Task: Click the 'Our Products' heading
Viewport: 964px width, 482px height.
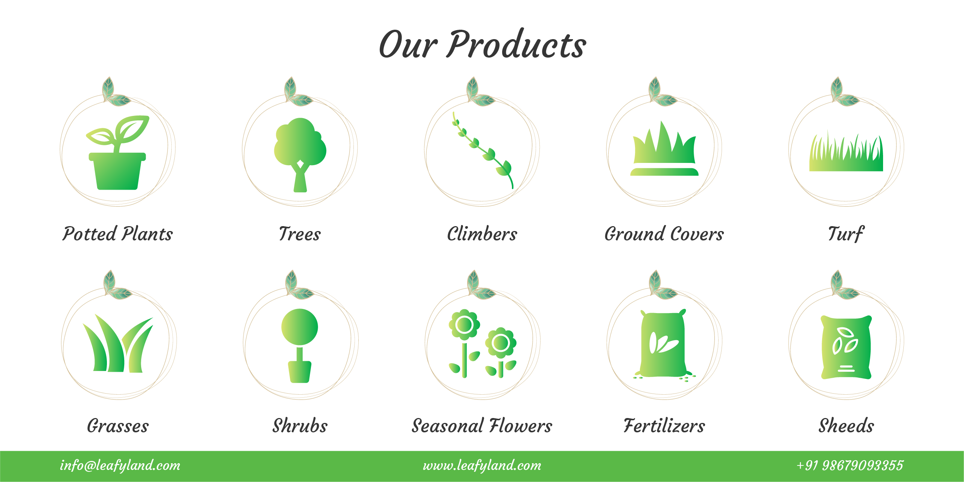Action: [482, 44]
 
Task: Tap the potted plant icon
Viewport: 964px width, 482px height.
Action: [117, 152]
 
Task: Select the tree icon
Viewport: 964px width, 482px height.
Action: [300, 155]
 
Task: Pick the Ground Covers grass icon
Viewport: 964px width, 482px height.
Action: [664, 148]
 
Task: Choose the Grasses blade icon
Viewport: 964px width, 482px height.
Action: [118, 343]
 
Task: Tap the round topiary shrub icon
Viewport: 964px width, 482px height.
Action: [300, 346]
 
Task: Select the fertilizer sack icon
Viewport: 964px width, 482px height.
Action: [664, 345]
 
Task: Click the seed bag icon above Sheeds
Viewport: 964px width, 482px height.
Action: [846, 347]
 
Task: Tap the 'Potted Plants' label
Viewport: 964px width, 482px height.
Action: [117, 234]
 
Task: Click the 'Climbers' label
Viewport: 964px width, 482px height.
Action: [482, 234]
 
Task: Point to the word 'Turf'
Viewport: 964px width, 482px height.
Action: [846, 234]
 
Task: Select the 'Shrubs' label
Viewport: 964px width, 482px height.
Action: [300, 426]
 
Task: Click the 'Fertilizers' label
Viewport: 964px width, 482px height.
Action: [664, 426]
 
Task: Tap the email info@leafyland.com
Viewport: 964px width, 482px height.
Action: [120, 465]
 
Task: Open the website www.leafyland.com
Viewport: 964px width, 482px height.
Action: [482, 465]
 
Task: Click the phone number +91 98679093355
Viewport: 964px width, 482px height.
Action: [850, 465]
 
